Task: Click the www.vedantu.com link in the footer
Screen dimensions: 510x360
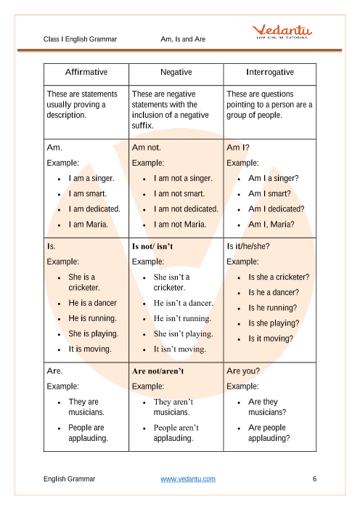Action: pyautogui.click(x=188, y=479)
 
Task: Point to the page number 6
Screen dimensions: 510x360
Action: pyautogui.click(x=314, y=479)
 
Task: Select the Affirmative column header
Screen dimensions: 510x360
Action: pyautogui.click(x=86, y=73)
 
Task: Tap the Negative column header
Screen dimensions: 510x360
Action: pyautogui.click(x=176, y=73)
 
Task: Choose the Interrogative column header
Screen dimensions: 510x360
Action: pyautogui.click(x=269, y=73)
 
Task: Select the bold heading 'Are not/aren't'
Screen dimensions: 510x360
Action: pyautogui.click(x=157, y=371)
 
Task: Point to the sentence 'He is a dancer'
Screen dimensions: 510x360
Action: pyautogui.click(x=92, y=303)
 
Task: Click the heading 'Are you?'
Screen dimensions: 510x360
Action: pyautogui.click(x=243, y=371)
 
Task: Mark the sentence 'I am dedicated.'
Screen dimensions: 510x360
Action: pyautogui.click(x=94, y=209)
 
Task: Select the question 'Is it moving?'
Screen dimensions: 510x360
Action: pyautogui.click(x=271, y=339)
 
